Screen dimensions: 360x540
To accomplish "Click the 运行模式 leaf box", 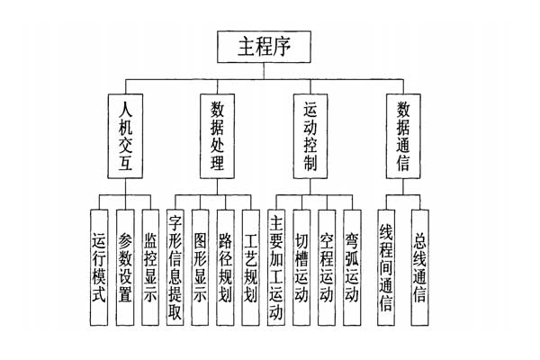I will [100, 267].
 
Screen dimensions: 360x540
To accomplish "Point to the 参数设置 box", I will [125, 267].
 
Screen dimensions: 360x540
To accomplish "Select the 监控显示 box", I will [150, 267].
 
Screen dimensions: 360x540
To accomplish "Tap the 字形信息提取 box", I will [176, 267].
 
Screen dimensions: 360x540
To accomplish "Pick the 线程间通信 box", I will [387, 267].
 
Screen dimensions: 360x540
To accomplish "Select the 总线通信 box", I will [419, 267].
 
